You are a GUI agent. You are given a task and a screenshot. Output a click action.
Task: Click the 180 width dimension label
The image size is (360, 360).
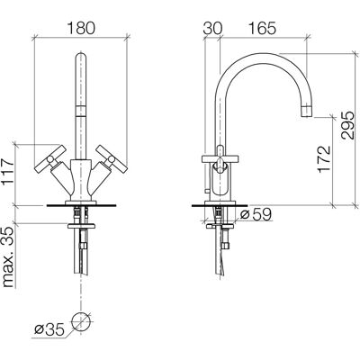coord(81,29)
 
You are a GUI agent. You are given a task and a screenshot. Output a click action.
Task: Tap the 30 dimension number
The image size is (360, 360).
coord(212,29)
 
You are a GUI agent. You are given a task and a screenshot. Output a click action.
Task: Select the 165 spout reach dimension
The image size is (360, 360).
coord(262,29)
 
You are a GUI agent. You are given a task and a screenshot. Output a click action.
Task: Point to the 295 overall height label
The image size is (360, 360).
coord(347,125)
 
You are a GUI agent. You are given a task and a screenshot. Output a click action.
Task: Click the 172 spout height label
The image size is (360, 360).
coord(324,159)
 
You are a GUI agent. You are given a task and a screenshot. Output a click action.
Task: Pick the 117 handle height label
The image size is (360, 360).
coord(7,173)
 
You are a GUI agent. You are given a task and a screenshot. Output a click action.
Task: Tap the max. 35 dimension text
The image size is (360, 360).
coord(8,257)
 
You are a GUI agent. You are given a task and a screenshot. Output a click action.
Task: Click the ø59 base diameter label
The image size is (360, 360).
coord(256,214)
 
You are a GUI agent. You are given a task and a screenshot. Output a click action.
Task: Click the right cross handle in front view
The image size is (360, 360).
coord(112,159)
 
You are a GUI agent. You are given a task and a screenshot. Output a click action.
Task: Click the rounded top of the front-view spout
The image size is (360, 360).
coord(80,57)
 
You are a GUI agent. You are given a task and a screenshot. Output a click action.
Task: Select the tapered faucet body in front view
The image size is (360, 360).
coord(80,181)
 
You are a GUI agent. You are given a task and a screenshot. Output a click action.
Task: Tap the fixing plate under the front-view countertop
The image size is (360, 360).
coord(81,225)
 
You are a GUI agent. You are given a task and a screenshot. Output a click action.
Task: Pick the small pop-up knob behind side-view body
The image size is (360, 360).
coord(206,191)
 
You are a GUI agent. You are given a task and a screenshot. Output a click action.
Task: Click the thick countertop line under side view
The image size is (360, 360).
coord(220,206)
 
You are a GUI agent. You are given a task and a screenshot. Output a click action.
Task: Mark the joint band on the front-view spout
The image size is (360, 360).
coord(80,111)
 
